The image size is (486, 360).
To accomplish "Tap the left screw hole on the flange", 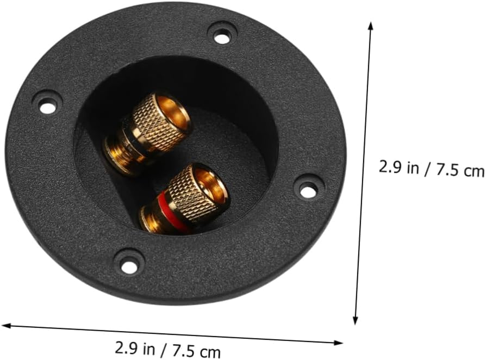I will [x=46, y=107].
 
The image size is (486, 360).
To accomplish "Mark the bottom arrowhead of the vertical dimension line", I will [x=355, y=320].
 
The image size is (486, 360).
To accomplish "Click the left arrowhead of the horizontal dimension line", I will [x=5, y=325].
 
